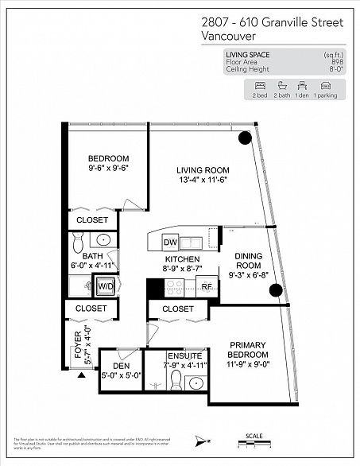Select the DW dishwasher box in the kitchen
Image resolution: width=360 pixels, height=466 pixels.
click(169, 243)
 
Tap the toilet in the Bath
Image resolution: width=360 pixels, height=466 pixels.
click(76, 240)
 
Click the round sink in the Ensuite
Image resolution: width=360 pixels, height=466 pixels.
click(193, 384)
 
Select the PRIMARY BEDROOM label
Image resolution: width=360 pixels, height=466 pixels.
click(249, 349)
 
